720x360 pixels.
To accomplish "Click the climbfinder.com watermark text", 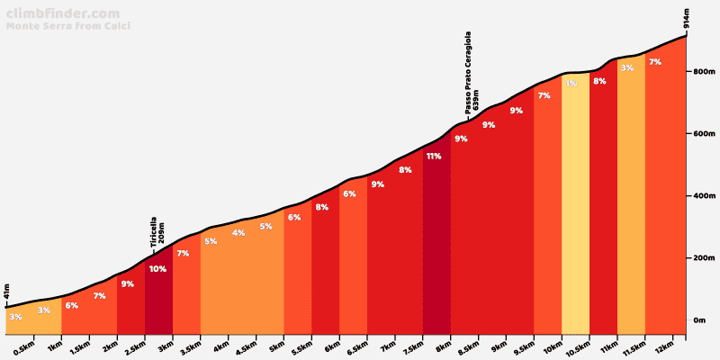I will (62, 13).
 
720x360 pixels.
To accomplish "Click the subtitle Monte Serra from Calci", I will (68, 26).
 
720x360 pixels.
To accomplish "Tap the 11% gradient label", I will (434, 157).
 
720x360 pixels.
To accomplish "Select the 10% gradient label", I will (157, 269).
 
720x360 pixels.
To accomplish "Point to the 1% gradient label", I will (571, 84).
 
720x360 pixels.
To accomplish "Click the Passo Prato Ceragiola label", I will (469, 72).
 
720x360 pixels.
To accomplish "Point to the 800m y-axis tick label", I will (703, 72).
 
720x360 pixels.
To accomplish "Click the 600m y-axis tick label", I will (703, 134).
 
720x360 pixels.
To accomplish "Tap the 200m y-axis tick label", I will (703, 258).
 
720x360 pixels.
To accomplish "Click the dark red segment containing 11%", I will (436, 243).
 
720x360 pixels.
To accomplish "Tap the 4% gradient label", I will (238, 233).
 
